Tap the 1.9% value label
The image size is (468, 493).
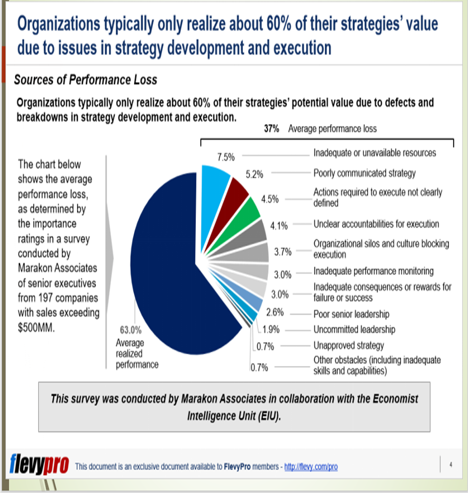(x=272, y=330)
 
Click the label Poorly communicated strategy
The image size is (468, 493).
(x=364, y=173)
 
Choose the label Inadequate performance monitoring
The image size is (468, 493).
(x=373, y=271)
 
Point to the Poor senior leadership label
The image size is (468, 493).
(x=351, y=314)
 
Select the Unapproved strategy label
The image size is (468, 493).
(x=348, y=345)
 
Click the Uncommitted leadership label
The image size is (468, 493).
(x=354, y=330)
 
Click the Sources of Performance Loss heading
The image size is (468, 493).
(x=86, y=80)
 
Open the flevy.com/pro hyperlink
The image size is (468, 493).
(x=310, y=467)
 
